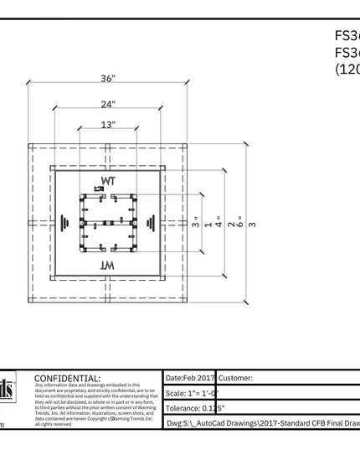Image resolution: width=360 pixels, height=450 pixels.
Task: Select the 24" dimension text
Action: pos(108,105)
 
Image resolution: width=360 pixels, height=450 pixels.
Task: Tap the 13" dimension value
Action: pos(108,125)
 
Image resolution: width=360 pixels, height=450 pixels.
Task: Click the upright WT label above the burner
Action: pos(108,181)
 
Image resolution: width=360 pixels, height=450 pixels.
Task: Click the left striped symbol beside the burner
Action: pos(64,223)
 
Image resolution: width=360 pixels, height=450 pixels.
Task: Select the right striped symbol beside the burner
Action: pos(152,223)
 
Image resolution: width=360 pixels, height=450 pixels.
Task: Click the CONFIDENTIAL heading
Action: pos(66,379)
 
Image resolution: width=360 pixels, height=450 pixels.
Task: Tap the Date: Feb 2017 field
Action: pos(191,379)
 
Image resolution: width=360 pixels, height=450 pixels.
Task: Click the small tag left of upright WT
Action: pos(99,189)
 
